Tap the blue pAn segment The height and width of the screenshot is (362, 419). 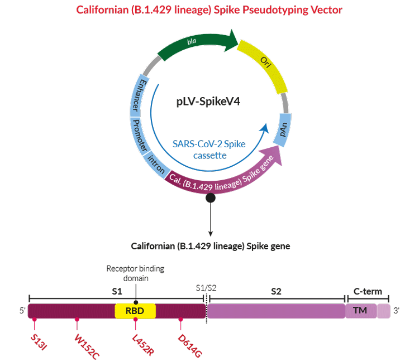coord(285,129)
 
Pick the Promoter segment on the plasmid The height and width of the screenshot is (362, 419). coord(141,136)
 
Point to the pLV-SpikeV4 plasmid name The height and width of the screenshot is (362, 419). coord(209,103)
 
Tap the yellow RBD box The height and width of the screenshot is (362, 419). coord(135,311)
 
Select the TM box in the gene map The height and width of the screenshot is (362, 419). coord(360,311)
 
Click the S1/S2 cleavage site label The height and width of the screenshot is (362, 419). coord(204,287)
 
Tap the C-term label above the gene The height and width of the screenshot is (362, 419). coord(368,291)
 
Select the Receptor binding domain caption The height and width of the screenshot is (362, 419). coord(135,273)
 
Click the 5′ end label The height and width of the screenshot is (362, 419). coord(22,311)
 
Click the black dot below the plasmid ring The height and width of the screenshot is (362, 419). coord(211,197)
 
